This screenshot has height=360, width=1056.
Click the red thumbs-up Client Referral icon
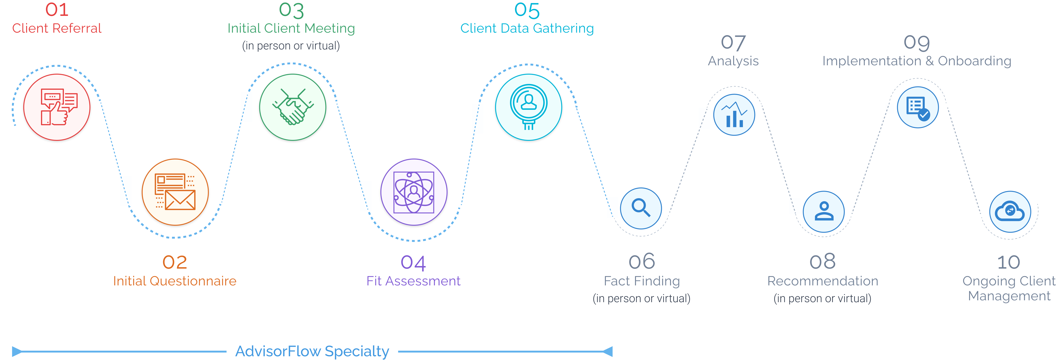coord(57,107)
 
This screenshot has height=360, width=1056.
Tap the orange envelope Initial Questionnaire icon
coord(175,192)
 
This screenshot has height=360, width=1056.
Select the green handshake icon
coord(293,107)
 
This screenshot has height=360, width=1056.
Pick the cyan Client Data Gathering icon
coord(528,107)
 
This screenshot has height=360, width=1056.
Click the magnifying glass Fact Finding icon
coord(641,208)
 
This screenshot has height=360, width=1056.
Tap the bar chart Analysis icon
coord(734,115)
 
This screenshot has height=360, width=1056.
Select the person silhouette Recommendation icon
coord(824,211)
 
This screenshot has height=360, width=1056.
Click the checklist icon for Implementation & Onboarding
coord(918,107)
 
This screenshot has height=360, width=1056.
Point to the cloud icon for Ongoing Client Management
coord(1010,211)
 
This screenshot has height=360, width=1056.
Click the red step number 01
coord(57,10)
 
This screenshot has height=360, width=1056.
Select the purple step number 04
coord(413,262)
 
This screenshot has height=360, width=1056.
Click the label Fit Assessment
coord(413,281)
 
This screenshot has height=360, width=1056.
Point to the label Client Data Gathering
coord(527,28)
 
